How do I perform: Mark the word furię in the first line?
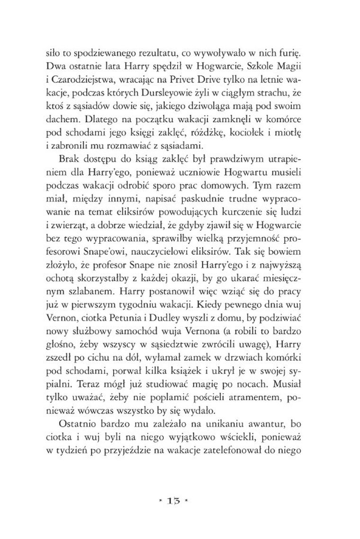coord(296,49)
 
